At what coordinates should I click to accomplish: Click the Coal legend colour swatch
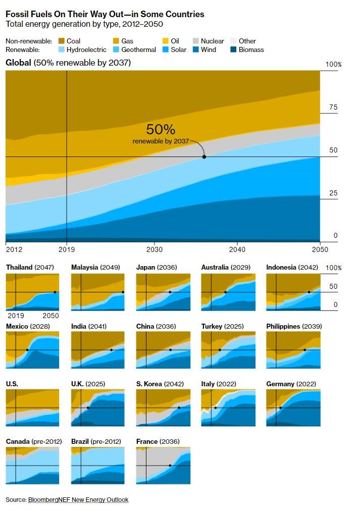[62, 41]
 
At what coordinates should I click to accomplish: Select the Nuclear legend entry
[208, 41]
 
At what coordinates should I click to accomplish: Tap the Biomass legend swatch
[233, 49]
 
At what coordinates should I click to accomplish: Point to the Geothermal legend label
[139, 49]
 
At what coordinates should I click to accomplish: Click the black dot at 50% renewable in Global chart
[204, 157]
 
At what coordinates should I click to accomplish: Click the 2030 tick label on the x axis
[155, 249]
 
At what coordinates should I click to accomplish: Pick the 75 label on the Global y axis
[333, 108]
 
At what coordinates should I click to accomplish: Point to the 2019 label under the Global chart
[67, 249]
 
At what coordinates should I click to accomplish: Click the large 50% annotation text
[161, 129]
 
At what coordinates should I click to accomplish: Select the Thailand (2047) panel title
[30, 267]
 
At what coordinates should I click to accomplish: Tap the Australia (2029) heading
[226, 267]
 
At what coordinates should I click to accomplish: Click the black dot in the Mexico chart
[27, 350]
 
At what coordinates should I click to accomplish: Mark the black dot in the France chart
[170, 466]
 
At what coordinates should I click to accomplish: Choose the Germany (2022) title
[291, 384]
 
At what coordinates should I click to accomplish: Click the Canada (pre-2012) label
[34, 441]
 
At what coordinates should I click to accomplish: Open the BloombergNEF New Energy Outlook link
[78, 499]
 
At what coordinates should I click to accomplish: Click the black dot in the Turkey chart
[220, 350]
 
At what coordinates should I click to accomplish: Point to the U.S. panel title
[12, 384]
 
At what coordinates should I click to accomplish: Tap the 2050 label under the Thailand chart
[50, 316]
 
